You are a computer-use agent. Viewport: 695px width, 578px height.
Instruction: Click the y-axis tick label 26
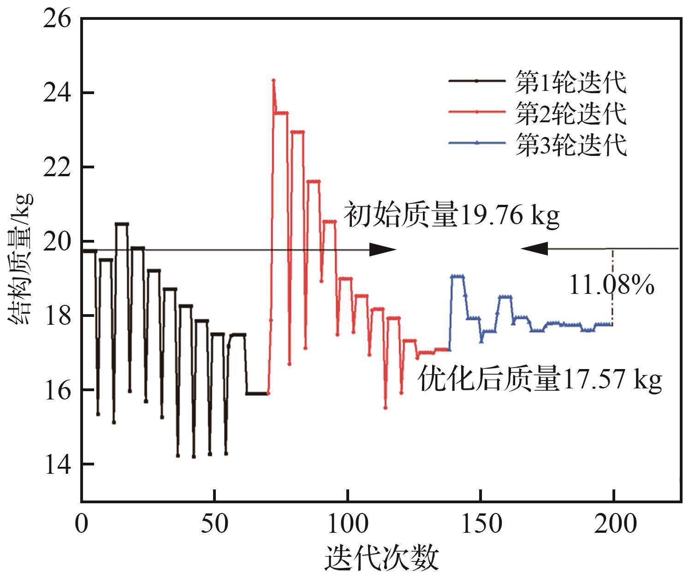[x=57, y=20]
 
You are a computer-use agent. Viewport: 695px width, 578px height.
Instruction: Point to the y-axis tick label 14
[x=57, y=464]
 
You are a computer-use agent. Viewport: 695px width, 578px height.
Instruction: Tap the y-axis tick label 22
[x=57, y=167]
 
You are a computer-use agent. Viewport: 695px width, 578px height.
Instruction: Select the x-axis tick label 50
[x=214, y=524]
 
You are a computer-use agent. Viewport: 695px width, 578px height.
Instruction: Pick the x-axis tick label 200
[x=614, y=524]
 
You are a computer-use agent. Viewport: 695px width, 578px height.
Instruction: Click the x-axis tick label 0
[x=82, y=524]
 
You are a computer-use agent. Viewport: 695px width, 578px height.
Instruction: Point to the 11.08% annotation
[x=611, y=285]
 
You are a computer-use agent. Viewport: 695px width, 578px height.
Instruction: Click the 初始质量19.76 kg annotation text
[x=452, y=215]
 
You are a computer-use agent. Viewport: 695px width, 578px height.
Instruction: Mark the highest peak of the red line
[x=273, y=80]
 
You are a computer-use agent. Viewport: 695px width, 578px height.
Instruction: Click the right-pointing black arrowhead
[x=383, y=250]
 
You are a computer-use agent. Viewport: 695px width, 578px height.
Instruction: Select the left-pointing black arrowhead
[x=535, y=249]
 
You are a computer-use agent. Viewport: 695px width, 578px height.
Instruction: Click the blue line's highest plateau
[x=457, y=276]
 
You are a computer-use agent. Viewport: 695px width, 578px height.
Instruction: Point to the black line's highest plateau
[x=122, y=224]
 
